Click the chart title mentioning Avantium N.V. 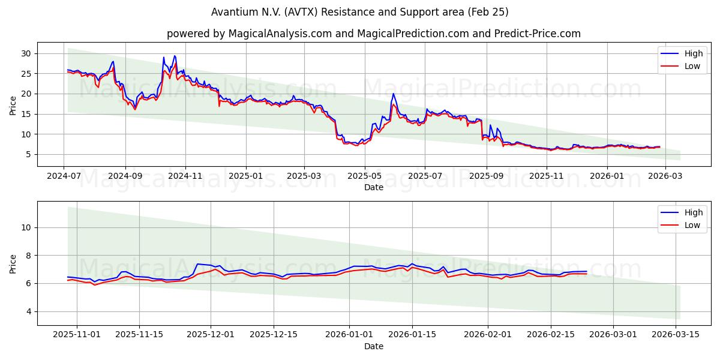click(360, 12)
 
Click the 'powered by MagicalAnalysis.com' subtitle click(373, 34)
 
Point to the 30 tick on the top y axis click(26, 53)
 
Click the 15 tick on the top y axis click(26, 114)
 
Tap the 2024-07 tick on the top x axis click(64, 177)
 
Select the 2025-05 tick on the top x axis click(365, 177)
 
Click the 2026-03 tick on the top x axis click(665, 177)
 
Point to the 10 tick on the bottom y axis click(26, 227)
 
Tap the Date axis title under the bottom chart click(373, 346)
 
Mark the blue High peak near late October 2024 click(175, 56)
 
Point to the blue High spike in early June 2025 click(393, 94)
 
